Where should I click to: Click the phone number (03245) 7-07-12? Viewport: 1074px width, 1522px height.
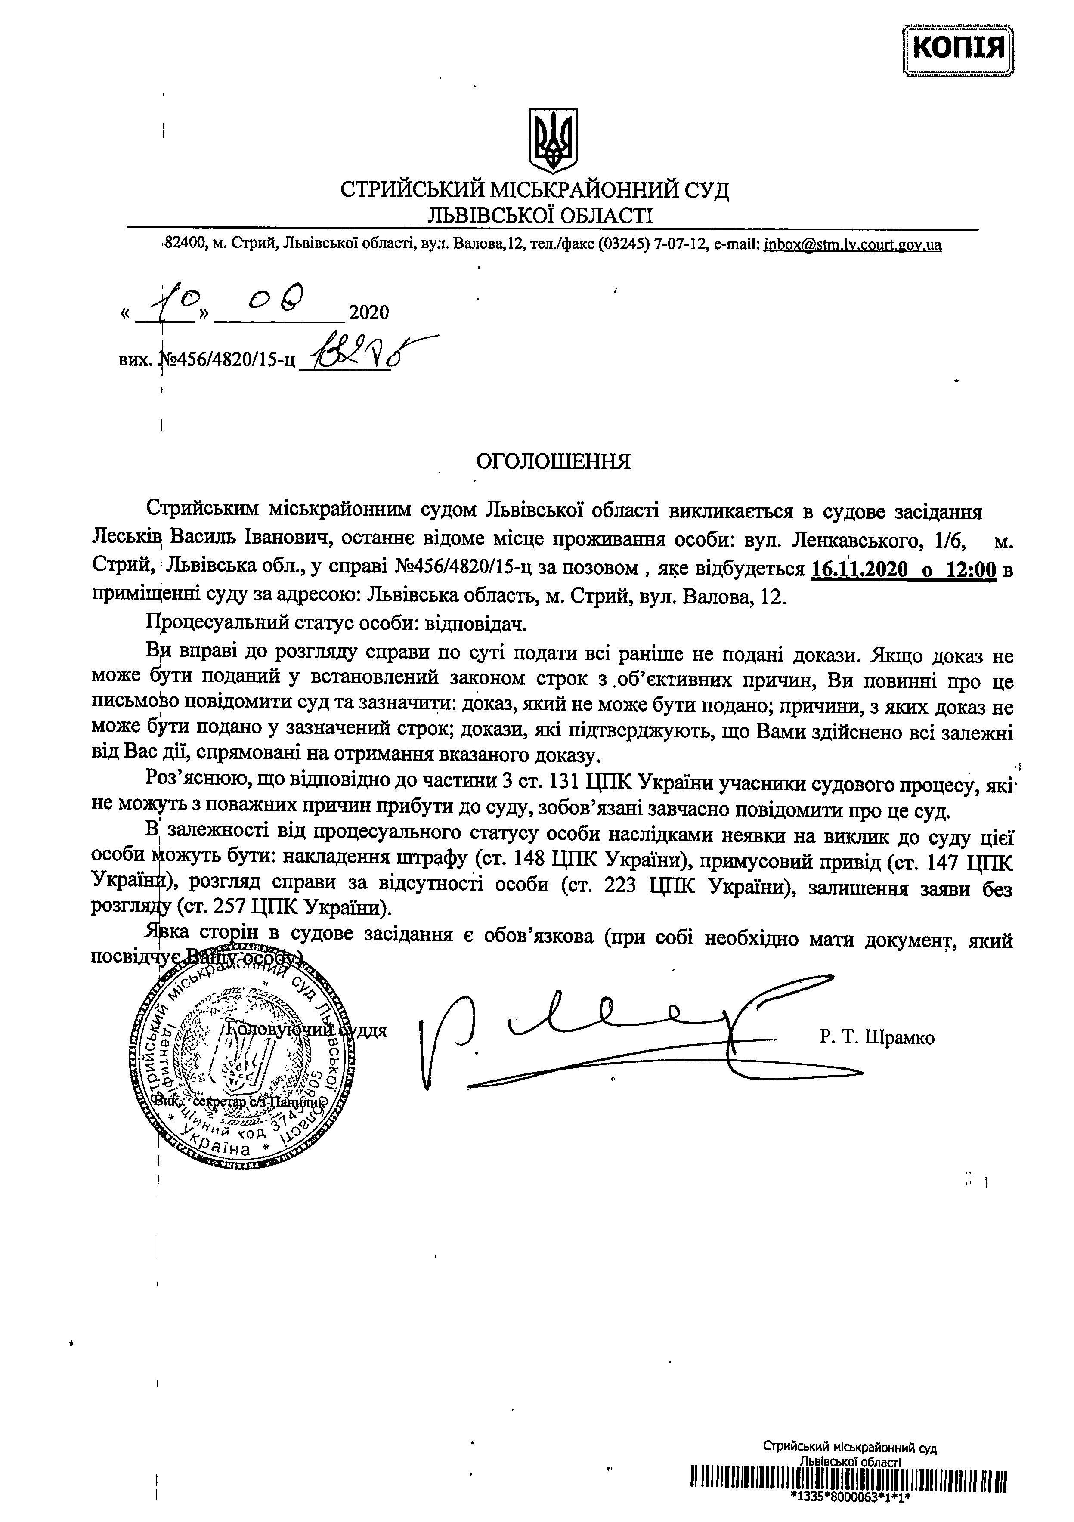647,244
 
